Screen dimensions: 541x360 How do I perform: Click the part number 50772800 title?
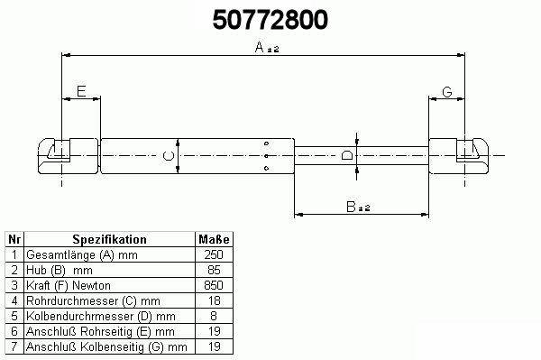tap(270, 19)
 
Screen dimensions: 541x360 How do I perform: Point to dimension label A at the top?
tap(260, 47)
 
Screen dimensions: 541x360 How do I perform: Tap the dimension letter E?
tap(81, 91)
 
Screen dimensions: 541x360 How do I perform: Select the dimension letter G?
tap(447, 92)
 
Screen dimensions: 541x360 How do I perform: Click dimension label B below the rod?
tap(351, 207)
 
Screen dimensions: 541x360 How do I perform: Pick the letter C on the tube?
tap(169, 156)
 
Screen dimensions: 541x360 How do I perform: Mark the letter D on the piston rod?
tap(347, 155)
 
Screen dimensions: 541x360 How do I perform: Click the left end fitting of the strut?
tap(68, 156)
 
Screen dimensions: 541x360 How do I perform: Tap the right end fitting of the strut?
tap(459, 156)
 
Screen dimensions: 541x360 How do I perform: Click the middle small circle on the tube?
tap(266, 156)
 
